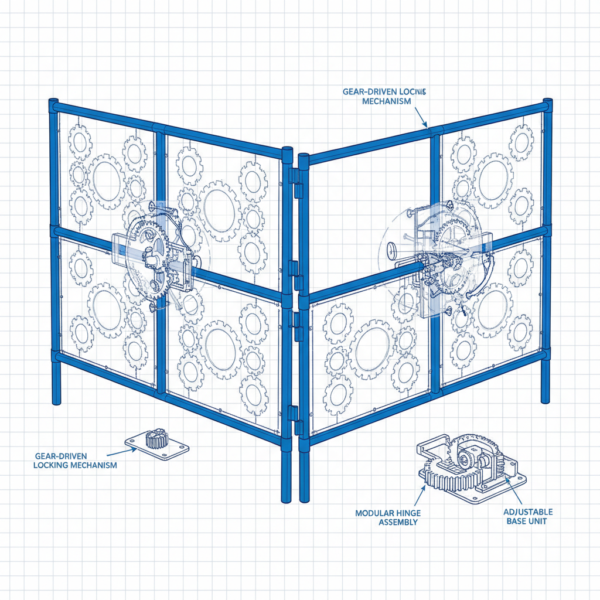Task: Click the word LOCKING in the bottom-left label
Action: click(52, 465)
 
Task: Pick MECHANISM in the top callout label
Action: click(387, 101)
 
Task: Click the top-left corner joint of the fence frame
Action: click(54, 106)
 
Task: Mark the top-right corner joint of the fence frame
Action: click(547, 105)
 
